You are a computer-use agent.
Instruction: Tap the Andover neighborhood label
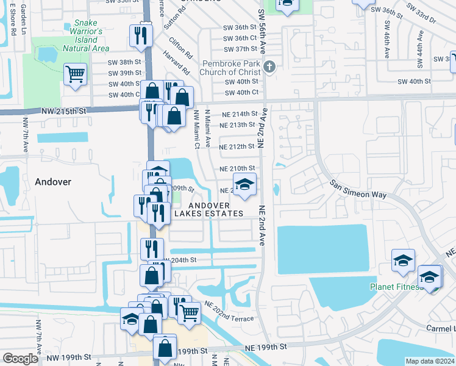click(53, 182)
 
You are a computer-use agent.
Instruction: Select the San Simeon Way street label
click(358, 189)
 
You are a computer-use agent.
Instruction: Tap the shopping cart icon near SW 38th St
click(75, 74)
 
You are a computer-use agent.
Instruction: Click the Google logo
click(20, 359)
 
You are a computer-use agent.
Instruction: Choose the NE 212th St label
click(237, 147)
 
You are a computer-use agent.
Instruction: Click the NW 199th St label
click(70, 357)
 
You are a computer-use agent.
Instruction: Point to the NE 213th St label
click(237, 125)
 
